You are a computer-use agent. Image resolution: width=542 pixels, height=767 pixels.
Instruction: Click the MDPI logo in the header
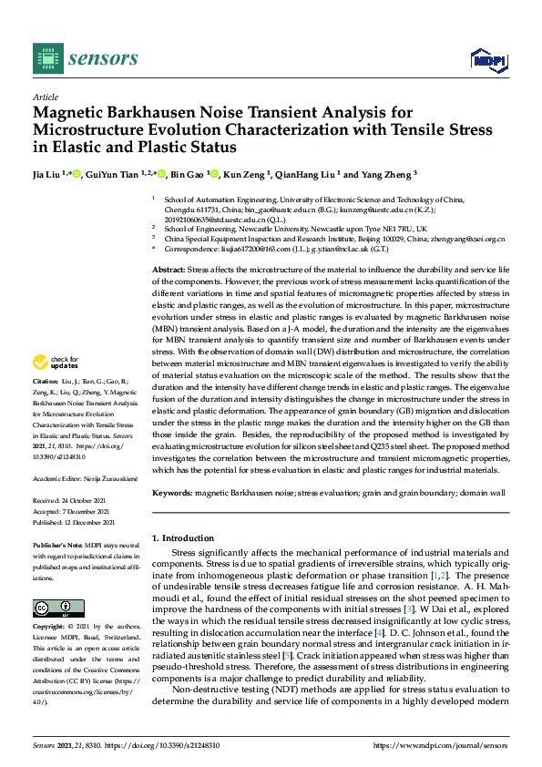488,60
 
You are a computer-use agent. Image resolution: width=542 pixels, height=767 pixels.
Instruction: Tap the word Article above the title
45,96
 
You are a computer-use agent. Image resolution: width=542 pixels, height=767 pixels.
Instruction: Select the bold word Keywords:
173,492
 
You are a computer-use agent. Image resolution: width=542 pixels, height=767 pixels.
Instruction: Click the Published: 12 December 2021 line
75,522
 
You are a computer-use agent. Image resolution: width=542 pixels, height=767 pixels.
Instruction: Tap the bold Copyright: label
51,629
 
